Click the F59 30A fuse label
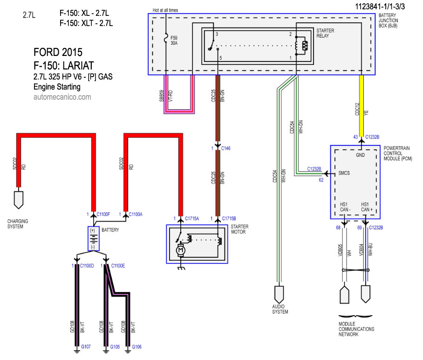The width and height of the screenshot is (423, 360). (x=174, y=41)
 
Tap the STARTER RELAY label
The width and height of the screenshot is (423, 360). (x=325, y=33)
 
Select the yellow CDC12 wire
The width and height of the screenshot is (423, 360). (x=362, y=106)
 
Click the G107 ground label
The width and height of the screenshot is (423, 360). (x=86, y=346)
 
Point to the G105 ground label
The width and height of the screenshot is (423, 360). (x=115, y=347)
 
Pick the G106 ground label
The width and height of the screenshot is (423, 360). (x=137, y=347)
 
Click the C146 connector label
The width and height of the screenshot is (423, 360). (x=226, y=148)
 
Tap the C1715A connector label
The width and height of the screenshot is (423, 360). (x=192, y=219)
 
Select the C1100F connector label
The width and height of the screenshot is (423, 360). (x=103, y=215)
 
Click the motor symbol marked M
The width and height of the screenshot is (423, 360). (x=180, y=250)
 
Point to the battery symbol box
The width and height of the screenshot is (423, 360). (x=94, y=238)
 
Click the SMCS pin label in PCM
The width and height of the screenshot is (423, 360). (x=344, y=173)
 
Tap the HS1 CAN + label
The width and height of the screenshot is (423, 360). (x=367, y=207)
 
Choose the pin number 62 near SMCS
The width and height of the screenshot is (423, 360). (x=321, y=180)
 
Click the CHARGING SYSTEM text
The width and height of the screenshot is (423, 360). (x=18, y=224)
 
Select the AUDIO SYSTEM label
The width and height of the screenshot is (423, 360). (x=280, y=309)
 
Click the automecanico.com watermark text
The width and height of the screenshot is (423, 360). (x=62, y=97)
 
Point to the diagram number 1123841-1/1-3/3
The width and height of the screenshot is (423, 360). (x=380, y=7)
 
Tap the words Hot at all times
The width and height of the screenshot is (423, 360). (x=165, y=10)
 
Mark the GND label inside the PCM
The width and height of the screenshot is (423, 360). (x=361, y=155)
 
